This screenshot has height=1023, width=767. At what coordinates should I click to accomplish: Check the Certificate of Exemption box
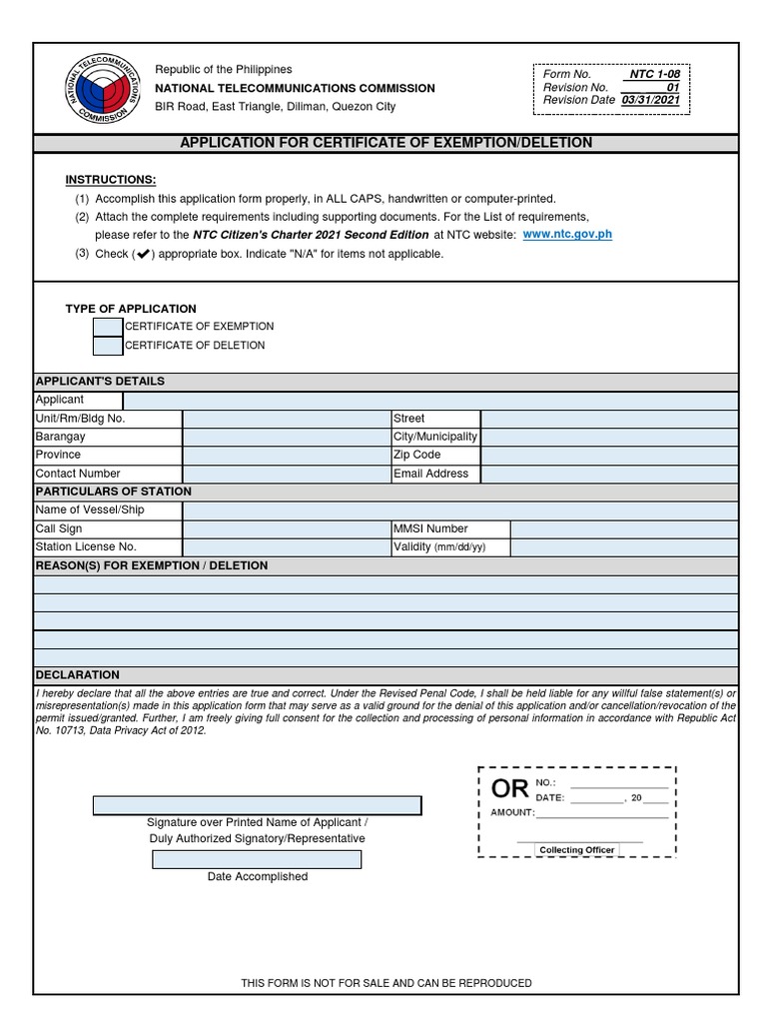click(x=108, y=327)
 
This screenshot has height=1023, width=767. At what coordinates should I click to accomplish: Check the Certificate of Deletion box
click(x=108, y=346)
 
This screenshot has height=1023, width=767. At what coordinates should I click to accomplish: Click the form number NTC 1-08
click(x=653, y=75)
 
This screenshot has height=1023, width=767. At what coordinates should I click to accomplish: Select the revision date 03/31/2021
click(x=650, y=101)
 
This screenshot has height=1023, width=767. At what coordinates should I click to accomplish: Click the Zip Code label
click(x=417, y=455)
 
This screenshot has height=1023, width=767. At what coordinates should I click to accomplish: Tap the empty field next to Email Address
click(x=609, y=474)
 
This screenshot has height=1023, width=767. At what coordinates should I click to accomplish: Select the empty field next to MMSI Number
click(x=624, y=528)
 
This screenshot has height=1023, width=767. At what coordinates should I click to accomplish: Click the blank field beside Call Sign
click(x=287, y=528)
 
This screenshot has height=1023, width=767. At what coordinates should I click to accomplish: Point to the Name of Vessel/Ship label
click(x=91, y=511)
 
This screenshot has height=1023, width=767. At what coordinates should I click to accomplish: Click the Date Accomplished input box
click(x=257, y=860)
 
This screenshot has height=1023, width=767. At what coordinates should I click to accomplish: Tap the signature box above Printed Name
click(x=257, y=805)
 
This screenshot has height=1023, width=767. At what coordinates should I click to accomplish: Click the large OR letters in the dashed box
click(x=510, y=788)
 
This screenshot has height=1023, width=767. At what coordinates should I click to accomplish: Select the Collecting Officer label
click(x=577, y=850)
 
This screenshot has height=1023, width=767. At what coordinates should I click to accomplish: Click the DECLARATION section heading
click(x=78, y=675)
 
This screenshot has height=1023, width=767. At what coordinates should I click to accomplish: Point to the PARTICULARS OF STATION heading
click(x=113, y=492)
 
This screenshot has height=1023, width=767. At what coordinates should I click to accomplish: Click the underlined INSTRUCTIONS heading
click(x=111, y=180)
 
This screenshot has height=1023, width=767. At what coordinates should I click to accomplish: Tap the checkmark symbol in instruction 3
click(x=142, y=254)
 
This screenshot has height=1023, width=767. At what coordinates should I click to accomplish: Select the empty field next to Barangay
click(x=287, y=437)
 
